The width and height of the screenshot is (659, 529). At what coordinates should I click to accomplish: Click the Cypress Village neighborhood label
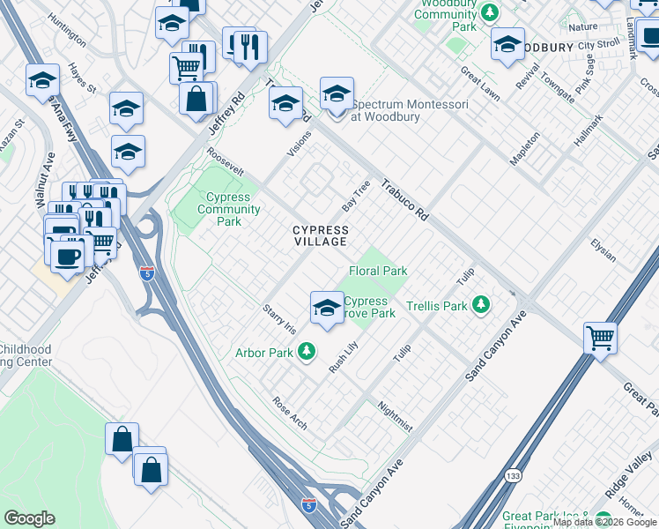[x=321, y=236]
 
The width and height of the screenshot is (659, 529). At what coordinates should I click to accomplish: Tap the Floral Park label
[x=378, y=271]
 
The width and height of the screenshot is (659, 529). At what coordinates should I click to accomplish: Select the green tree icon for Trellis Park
[x=480, y=306]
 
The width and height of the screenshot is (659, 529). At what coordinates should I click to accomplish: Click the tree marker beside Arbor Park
[x=307, y=353]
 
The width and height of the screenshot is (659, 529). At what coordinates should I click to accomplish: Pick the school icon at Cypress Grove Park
[x=327, y=308]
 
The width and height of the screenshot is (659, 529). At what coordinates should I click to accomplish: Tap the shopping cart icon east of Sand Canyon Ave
[x=600, y=337]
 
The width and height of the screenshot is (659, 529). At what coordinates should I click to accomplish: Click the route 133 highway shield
[x=512, y=476]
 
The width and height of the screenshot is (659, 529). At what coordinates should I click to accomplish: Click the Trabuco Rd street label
[x=404, y=201]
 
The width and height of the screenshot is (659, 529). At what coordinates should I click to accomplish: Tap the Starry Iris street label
[x=279, y=318]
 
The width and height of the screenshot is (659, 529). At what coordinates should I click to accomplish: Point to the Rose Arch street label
[x=290, y=413]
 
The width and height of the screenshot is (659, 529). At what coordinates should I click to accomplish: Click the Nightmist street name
[x=394, y=416]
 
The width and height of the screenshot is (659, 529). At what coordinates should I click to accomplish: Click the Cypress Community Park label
[x=229, y=210]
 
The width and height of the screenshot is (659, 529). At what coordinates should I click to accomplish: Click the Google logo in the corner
[x=29, y=518]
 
